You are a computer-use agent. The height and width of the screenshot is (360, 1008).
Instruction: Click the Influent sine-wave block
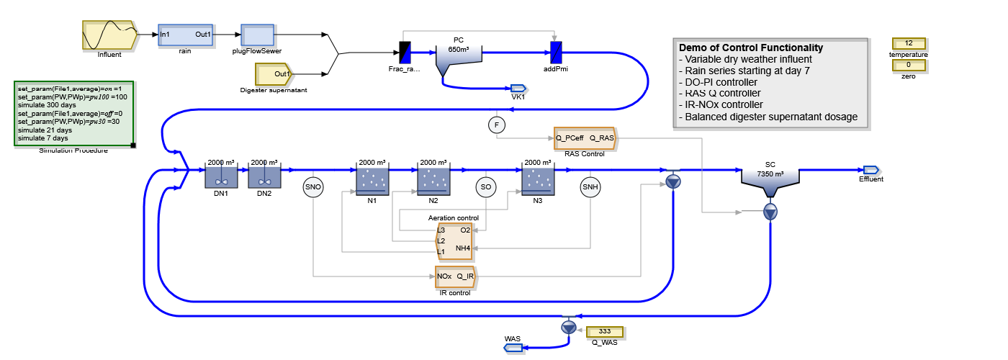109,35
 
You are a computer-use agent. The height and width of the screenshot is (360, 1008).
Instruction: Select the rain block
186,35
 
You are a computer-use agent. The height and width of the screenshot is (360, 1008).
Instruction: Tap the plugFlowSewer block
258,35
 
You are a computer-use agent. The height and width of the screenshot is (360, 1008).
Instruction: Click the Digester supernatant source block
274,73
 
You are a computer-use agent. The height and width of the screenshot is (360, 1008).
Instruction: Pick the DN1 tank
221,177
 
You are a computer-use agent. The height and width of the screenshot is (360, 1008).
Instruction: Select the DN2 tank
265,177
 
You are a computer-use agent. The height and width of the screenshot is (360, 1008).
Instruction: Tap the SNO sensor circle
313,187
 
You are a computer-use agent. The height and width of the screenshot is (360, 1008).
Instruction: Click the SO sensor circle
486,187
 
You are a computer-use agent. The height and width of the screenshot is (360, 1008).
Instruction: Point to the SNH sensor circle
590,187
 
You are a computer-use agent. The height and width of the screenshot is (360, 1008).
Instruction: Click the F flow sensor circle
497,125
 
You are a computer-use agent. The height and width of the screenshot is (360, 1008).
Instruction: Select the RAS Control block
585,138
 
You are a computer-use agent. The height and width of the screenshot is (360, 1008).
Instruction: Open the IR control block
455,276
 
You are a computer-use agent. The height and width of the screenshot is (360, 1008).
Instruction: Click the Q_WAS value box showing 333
605,332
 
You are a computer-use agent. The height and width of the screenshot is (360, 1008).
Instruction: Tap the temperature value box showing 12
909,43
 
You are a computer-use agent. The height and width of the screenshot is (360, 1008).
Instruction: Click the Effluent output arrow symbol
871,170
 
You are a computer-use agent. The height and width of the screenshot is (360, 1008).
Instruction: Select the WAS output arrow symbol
513,348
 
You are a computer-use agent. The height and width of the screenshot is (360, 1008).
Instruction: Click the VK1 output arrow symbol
518,88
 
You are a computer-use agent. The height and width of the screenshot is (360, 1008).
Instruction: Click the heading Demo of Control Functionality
750,48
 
